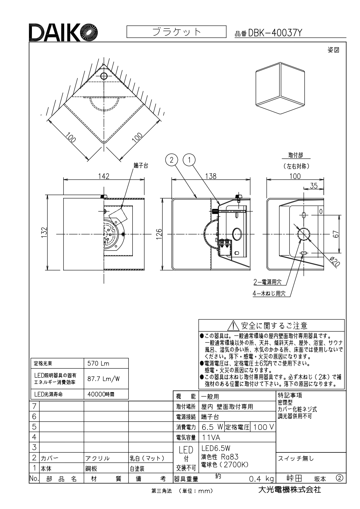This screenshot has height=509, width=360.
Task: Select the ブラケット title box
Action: (x=176, y=32)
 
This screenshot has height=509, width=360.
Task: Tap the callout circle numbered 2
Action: (x=171, y=160)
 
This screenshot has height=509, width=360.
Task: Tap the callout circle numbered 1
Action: (x=189, y=160)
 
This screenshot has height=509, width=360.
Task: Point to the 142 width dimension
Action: (x=104, y=176)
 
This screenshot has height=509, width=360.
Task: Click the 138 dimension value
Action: (x=211, y=176)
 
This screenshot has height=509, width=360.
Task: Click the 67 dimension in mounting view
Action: (x=336, y=234)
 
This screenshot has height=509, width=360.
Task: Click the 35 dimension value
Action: (x=314, y=186)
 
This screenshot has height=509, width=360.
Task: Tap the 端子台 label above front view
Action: (x=141, y=166)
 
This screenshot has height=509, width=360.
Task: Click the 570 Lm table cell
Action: (x=106, y=363)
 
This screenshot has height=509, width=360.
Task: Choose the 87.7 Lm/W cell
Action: (x=106, y=379)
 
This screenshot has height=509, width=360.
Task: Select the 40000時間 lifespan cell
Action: (x=106, y=394)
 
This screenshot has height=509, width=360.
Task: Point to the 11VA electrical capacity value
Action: (x=211, y=437)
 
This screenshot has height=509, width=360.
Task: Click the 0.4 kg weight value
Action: (x=261, y=479)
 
